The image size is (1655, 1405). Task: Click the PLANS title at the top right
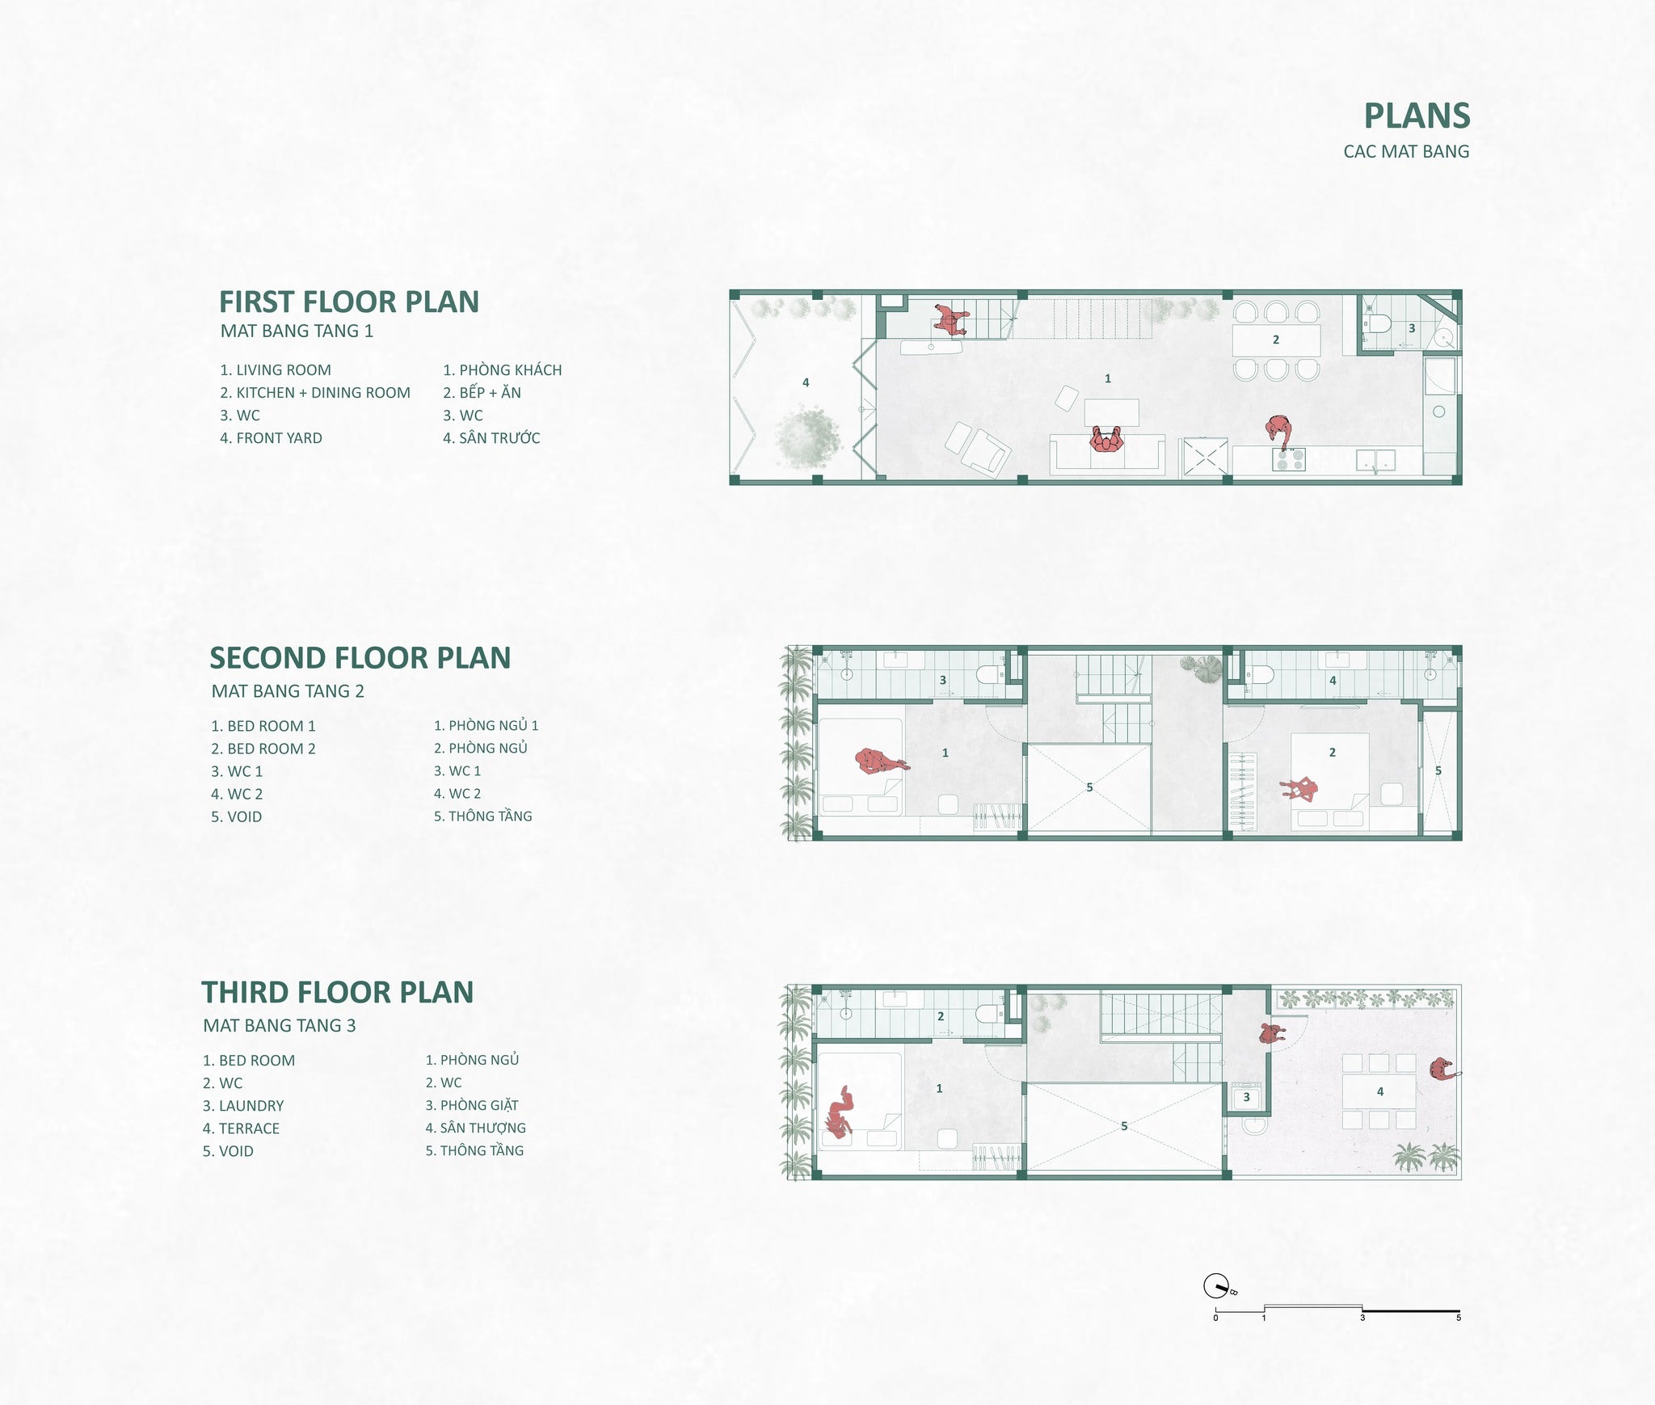pos(1417,116)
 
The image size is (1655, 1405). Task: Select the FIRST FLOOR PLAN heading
pos(349,302)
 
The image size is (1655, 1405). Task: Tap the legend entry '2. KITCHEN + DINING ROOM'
pos(315,393)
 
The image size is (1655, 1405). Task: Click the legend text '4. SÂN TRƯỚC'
pos(491,438)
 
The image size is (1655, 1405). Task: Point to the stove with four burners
pos(1288,460)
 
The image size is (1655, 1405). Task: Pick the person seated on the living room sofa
pos(1106,440)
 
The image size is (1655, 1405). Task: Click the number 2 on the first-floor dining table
pos(1276,340)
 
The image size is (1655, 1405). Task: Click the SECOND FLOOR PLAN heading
pos(360,658)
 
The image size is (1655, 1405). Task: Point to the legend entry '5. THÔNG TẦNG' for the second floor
pos(483,816)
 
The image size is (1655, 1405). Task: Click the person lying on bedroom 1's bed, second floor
pos(879,761)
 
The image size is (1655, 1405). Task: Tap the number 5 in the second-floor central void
pos(1089,787)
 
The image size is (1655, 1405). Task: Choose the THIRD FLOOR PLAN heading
pos(338,992)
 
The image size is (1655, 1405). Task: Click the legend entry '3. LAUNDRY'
pos(243,1106)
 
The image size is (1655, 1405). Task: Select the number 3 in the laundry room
pos(1246,1097)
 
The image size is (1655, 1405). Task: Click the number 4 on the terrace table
pos(1380,1091)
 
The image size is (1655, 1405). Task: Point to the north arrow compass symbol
pos(1215,1286)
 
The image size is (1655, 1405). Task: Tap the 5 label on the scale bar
pos(1459,1318)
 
